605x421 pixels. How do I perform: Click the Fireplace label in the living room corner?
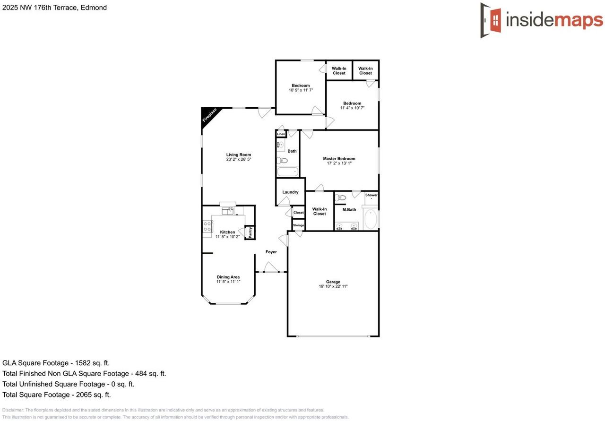tap(209, 115)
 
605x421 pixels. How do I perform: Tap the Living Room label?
tap(238, 155)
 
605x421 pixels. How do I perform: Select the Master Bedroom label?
tap(339, 159)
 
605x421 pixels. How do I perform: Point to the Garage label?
tap(333, 282)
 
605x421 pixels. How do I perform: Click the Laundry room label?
tap(290, 192)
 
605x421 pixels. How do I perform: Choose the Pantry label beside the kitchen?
tap(250, 232)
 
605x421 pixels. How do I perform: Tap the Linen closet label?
tap(281, 134)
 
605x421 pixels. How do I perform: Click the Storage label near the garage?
tap(298, 225)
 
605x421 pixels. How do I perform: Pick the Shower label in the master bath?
tap(371, 195)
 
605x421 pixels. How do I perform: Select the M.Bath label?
tap(349, 210)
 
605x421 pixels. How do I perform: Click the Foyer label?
tap(271, 252)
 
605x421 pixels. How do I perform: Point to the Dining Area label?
tap(228, 277)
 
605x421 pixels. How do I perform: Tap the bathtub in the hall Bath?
tap(287, 172)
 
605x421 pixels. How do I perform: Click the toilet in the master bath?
tap(340, 198)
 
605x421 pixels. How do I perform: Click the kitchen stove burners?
tap(207, 226)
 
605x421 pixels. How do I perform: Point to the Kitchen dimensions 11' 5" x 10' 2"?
tap(228, 237)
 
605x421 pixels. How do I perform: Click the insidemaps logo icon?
tap(492, 20)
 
